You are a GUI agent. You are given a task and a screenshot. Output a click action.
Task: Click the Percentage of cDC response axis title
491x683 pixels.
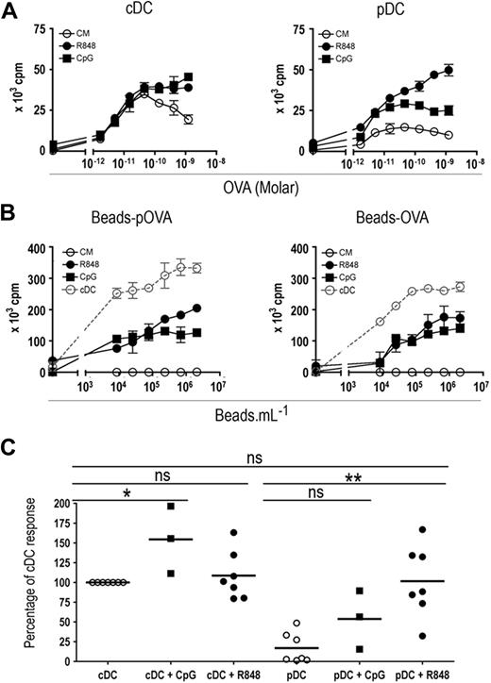(x=11, y=570)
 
